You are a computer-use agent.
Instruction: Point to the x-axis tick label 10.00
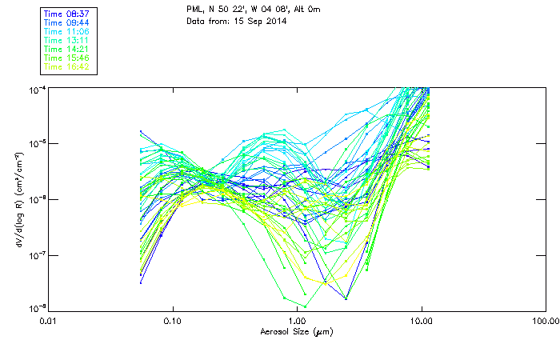[x=422, y=321]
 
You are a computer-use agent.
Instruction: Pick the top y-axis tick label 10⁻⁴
[x=37, y=88]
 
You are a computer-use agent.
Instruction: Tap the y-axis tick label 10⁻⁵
[x=37, y=143]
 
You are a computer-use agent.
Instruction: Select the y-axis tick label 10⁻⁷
[x=37, y=254]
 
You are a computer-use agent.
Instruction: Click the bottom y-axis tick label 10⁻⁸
[x=37, y=308]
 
